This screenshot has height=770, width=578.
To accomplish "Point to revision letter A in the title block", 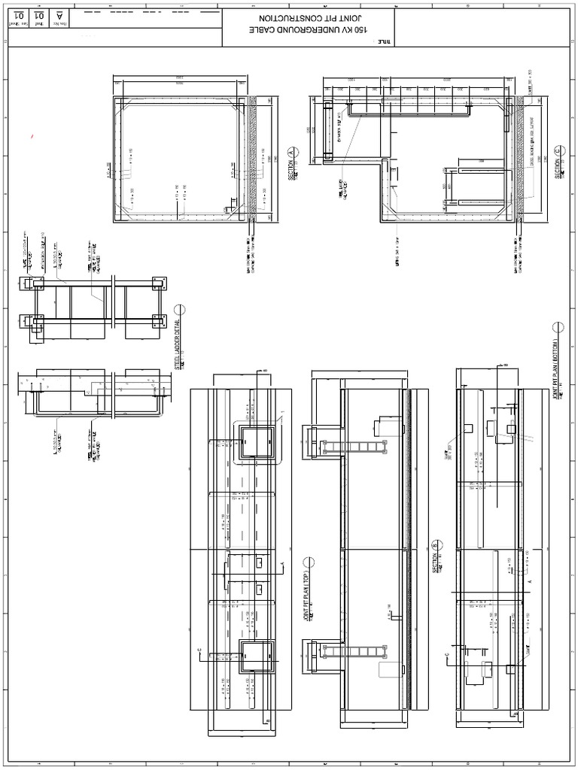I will click(x=59, y=15).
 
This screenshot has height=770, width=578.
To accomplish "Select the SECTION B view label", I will click(x=435, y=557).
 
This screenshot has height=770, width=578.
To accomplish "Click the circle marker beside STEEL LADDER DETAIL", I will click(x=180, y=309).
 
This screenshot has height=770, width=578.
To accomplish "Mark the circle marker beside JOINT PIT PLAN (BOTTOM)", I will click(x=558, y=326).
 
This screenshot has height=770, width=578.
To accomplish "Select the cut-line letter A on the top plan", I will click(x=281, y=562).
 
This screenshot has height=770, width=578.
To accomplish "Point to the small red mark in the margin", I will click(x=32, y=136).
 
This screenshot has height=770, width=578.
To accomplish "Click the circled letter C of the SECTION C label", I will click(x=558, y=150).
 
